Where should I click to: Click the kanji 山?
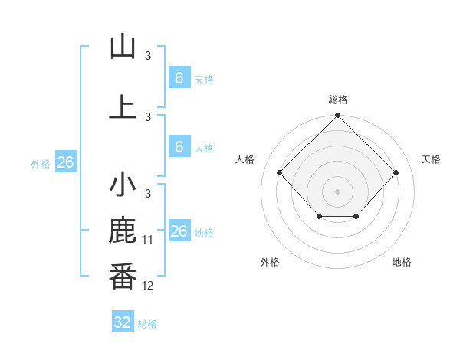tap(123, 47)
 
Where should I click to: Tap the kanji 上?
tap(123, 107)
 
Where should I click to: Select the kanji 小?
tap(123, 185)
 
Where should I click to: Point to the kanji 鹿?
tap(123, 231)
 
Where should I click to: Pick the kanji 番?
tap(123, 277)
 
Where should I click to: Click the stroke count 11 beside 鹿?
tap(148, 240)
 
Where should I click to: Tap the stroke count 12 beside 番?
tap(148, 286)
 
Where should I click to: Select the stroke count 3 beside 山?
tap(148, 56)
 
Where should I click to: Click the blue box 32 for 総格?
tap(123, 322)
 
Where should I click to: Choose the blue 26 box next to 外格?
tap(65, 162)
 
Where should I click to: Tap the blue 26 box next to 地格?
tap(179, 231)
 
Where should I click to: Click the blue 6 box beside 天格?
tap(179, 78)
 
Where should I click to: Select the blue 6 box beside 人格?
tap(179, 147)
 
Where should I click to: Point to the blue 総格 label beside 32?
tap(147, 324)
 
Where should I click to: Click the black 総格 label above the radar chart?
tap(337, 100)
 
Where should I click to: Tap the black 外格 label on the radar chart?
tap(270, 262)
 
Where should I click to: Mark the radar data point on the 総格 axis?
tap(337, 116)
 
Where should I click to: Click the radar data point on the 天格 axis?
tap(396, 172)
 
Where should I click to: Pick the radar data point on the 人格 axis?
tap(280, 172)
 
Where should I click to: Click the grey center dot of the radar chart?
tap(337, 191)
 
